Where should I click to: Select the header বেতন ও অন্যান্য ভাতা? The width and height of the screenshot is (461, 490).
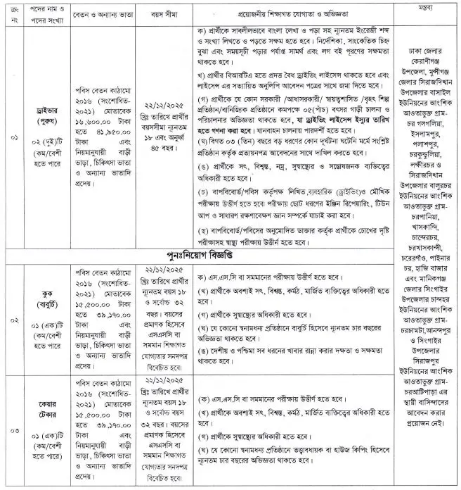point(103,13)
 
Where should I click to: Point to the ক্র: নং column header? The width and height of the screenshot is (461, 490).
point(9,13)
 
